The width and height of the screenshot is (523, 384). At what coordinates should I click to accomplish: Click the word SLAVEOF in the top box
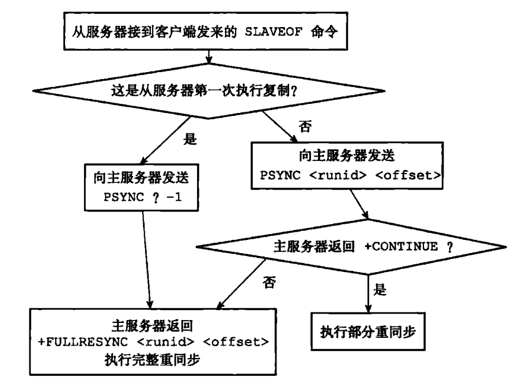[x=271, y=32]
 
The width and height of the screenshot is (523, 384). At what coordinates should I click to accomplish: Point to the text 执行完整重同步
[x=149, y=358]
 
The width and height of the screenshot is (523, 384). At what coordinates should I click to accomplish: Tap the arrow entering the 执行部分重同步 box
[x=369, y=294]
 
